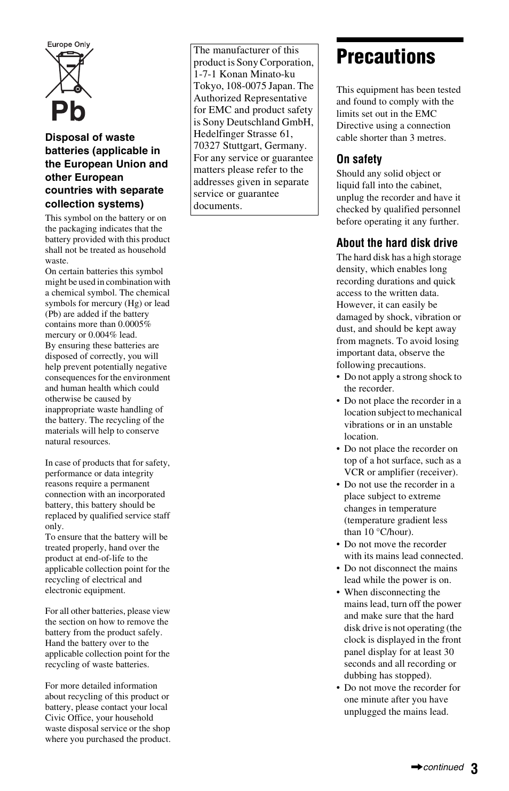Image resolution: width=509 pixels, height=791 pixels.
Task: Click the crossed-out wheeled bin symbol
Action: coord(69,73)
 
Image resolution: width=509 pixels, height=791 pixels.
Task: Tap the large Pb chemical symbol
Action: coord(68,112)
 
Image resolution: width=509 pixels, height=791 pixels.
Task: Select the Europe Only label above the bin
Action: coord(68,45)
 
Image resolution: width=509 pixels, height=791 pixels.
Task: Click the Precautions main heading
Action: coord(386,57)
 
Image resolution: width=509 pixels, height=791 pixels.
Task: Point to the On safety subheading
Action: coord(359,159)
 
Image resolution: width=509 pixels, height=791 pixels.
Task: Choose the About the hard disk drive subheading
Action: coord(396,243)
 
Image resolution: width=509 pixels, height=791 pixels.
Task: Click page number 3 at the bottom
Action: coord(474,768)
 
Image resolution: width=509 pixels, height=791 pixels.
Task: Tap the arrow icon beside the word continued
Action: coord(416,768)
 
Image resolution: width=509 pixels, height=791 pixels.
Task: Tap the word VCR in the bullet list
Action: coord(354,472)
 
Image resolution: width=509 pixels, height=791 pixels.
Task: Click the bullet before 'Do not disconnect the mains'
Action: coord(338,569)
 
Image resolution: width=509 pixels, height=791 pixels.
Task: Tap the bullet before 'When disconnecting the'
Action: coord(338,593)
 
